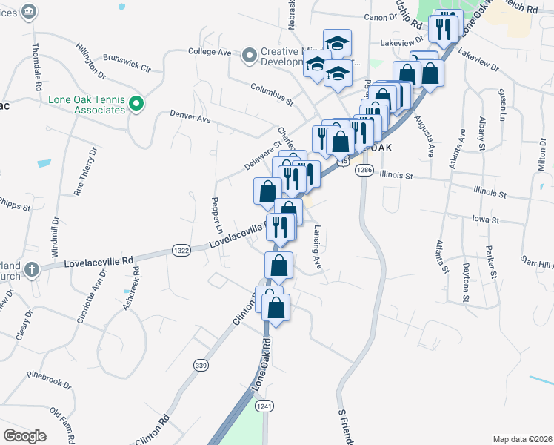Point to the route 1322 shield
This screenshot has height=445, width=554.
pyautogui.click(x=182, y=251)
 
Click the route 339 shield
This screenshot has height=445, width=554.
pyautogui.click(x=201, y=365)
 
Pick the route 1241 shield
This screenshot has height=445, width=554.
pyautogui.click(x=263, y=406)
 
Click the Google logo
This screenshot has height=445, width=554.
pyautogui.click(x=24, y=435)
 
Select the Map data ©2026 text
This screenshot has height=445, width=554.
pyautogui.click(x=522, y=439)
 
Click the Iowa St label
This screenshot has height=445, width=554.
pyautogui.click(x=486, y=220)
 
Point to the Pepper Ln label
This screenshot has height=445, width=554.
pyautogui.click(x=216, y=213)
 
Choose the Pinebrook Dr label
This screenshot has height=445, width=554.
pyautogui.click(x=48, y=379)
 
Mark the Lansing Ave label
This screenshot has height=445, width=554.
pyautogui.click(x=317, y=247)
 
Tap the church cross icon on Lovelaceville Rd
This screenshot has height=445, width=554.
pyautogui.click(x=31, y=268)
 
